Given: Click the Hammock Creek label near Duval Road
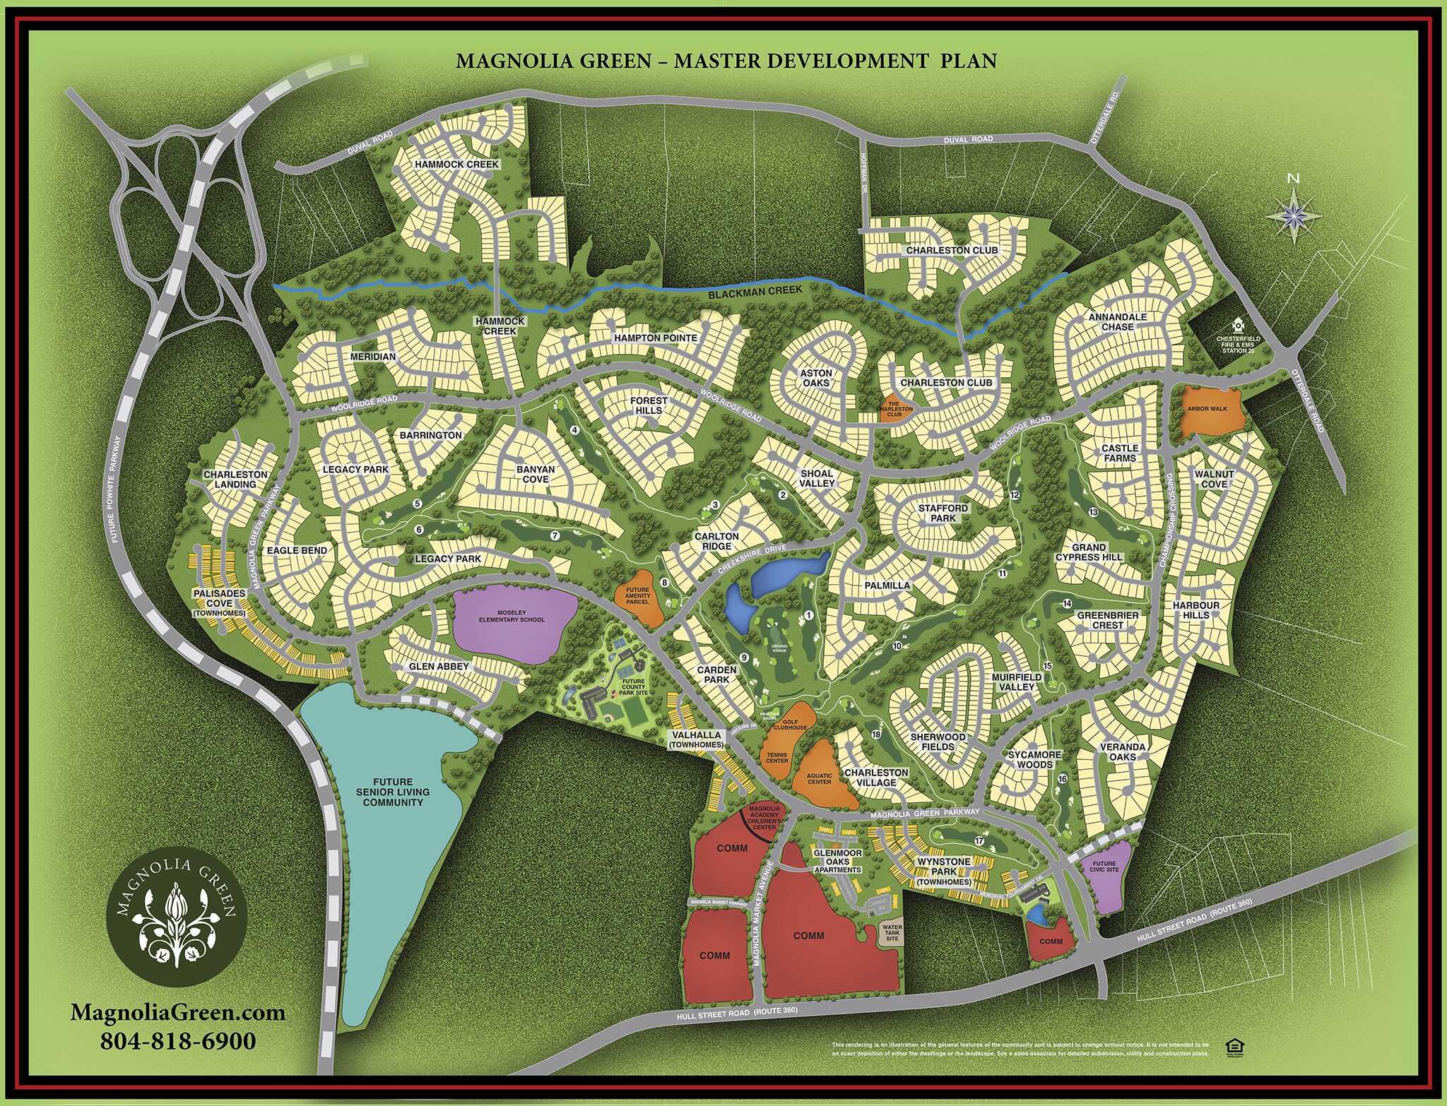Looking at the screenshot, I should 456,165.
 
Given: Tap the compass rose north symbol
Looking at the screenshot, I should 1294,212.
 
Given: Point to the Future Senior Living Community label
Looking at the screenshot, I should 393,792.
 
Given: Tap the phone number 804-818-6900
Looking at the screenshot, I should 178,1041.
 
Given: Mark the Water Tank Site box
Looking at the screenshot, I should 892,932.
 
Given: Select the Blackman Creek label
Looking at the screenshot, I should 755,291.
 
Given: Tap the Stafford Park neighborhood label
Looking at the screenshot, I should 943,513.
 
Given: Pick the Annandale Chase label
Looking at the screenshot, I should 1117,322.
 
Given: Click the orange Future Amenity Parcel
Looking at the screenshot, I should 638,597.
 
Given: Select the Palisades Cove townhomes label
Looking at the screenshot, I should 219,602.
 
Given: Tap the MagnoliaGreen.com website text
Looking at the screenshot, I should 178,1012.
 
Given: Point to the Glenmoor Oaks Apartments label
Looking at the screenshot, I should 838,861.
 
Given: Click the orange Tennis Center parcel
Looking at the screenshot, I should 776,758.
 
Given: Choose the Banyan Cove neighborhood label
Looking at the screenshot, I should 535,474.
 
